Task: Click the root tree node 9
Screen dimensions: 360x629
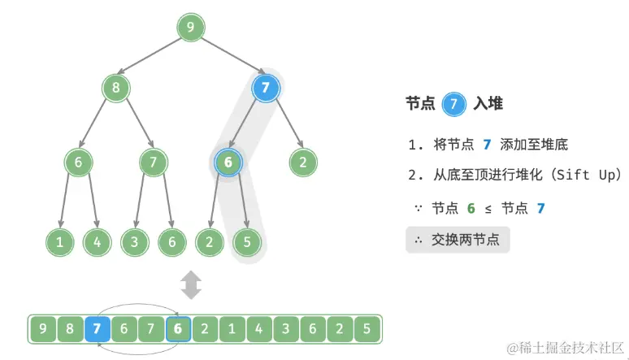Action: pyautogui.click(x=190, y=28)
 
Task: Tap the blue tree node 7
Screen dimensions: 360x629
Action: pyautogui.click(x=266, y=87)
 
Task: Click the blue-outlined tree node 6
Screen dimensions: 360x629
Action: pyautogui.click(x=228, y=163)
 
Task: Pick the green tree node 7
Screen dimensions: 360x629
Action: pyautogui.click(x=153, y=163)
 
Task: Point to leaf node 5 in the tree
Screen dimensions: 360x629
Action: pyautogui.click(x=247, y=241)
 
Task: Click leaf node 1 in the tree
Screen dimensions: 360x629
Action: pyautogui.click(x=59, y=241)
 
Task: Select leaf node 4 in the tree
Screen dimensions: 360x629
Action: pyautogui.click(x=97, y=241)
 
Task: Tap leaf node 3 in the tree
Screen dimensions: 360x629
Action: pyautogui.click(x=134, y=241)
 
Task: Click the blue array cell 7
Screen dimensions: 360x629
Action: pyautogui.click(x=98, y=330)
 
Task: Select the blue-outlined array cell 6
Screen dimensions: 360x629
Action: pyautogui.click(x=178, y=330)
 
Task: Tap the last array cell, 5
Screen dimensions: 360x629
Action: pyautogui.click(x=367, y=330)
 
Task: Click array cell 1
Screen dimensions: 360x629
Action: pyautogui.click(x=232, y=330)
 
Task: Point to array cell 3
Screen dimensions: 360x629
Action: pyautogui.click(x=285, y=330)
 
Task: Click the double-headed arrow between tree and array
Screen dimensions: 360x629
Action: pyautogui.click(x=190, y=285)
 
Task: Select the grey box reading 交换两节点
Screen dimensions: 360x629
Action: pyautogui.click(x=458, y=240)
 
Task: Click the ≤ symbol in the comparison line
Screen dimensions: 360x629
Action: pyautogui.click(x=488, y=208)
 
